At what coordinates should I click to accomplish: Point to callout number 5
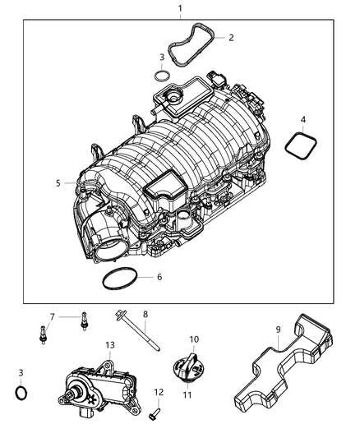[x=58, y=183]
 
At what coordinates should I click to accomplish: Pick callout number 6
[x=159, y=277]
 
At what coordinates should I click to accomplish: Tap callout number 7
[x=51, y=316]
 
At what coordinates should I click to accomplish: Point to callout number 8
[x=145, y=314]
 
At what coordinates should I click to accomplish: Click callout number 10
[x=194, y=339]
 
